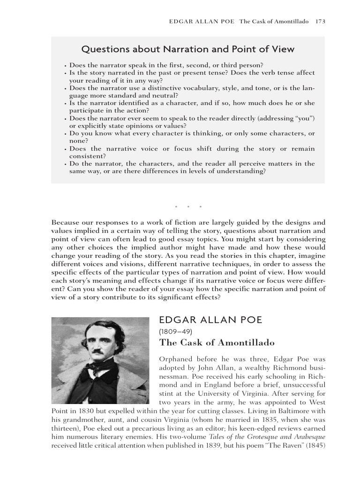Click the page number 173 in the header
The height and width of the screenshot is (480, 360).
coord(320,21)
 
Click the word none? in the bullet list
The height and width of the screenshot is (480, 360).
coord(79,141)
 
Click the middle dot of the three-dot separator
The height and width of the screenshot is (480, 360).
coord(188,207)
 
